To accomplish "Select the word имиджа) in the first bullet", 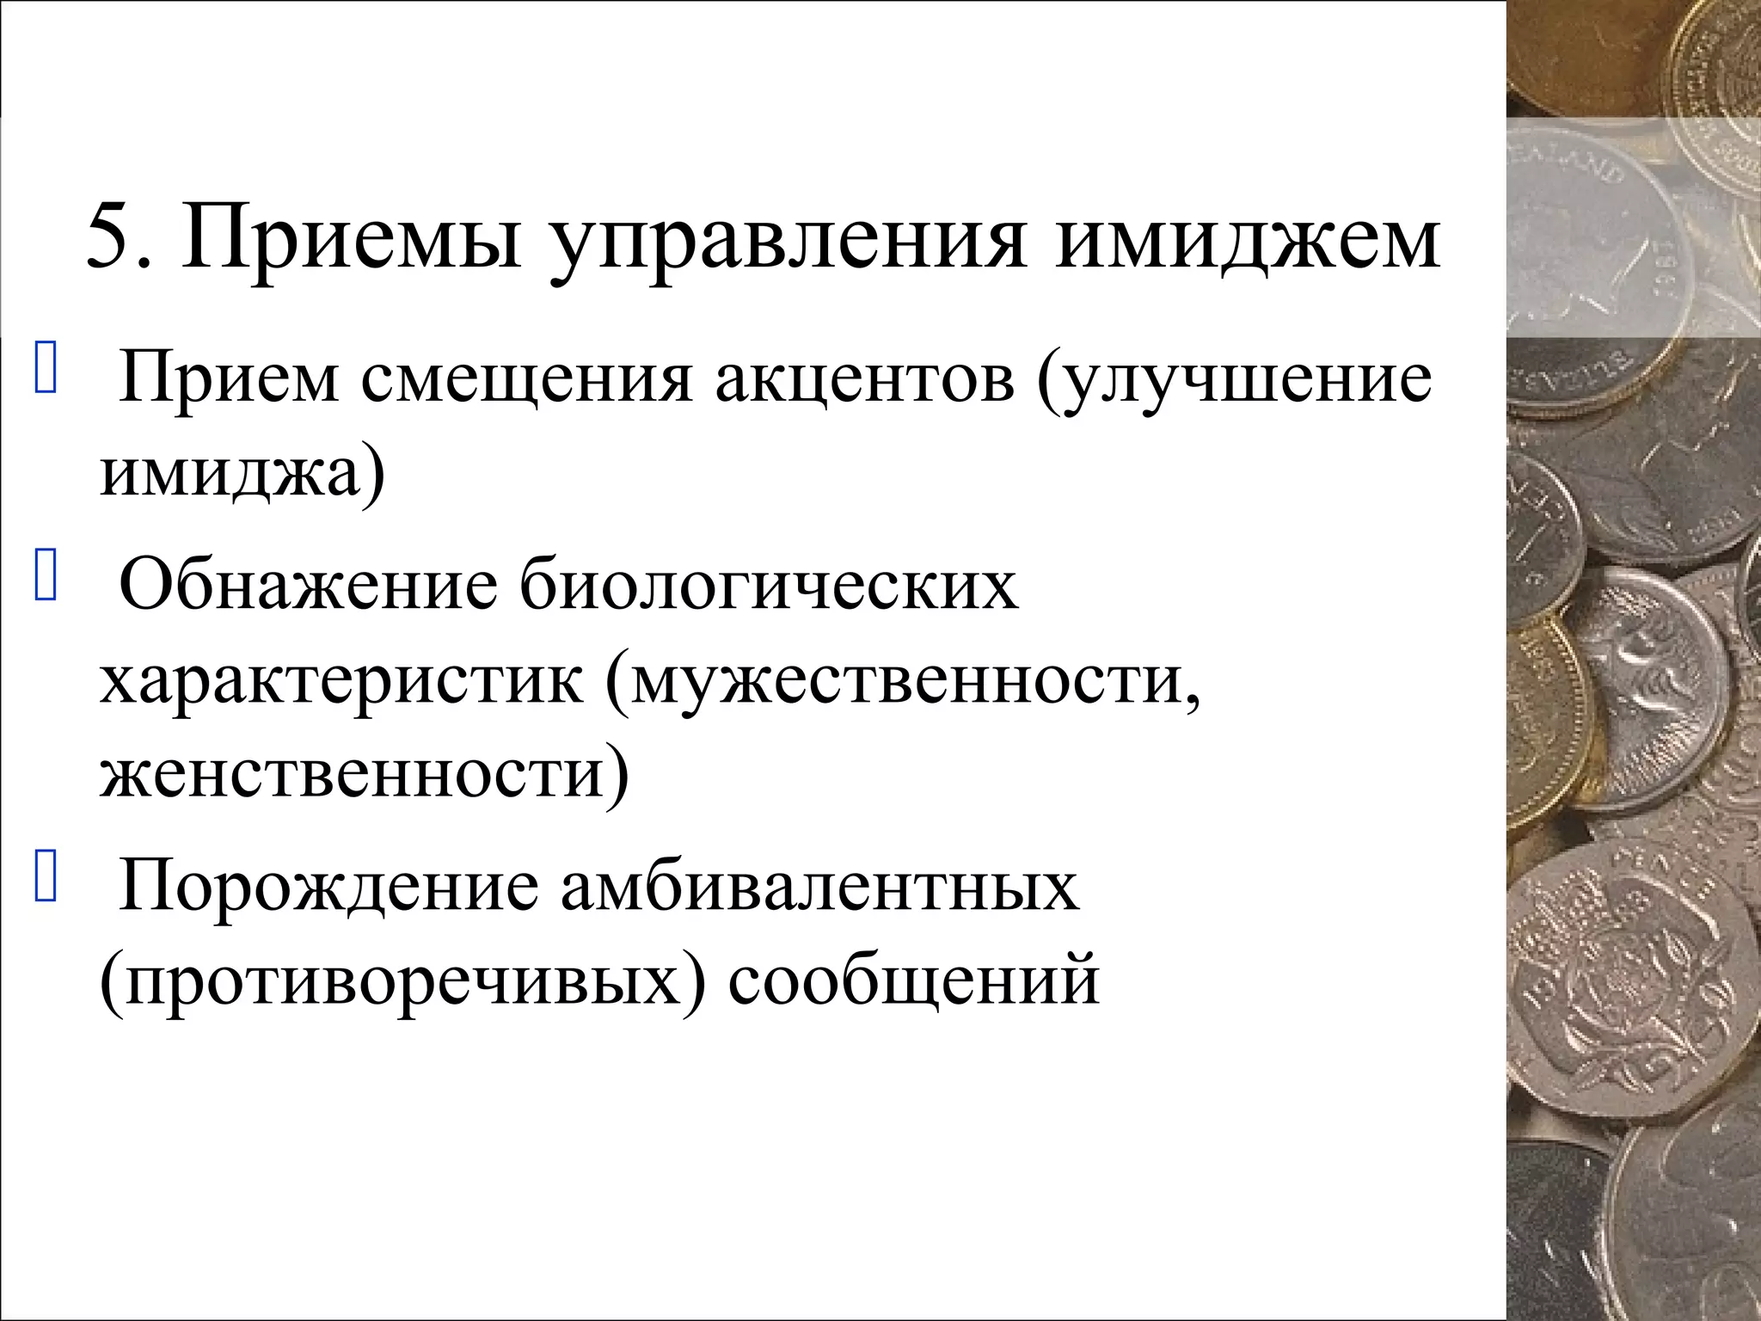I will pos(242,475).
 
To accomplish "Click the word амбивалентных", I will pos(819,889).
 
